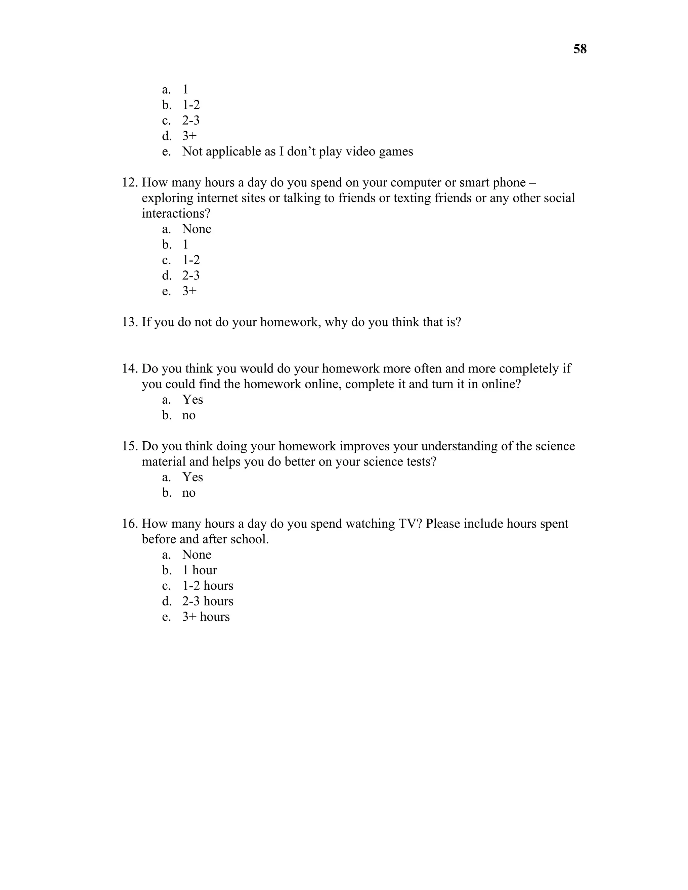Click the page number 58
click(579, 49)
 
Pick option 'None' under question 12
click(197, 229)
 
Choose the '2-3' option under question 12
click(191, 275)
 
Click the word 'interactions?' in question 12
click(176, 213)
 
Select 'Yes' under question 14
click(192, 399)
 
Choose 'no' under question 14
click(189, 415)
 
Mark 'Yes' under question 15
click(192, 477)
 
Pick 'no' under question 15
click(189, 493)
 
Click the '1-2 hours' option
click(208, 586)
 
